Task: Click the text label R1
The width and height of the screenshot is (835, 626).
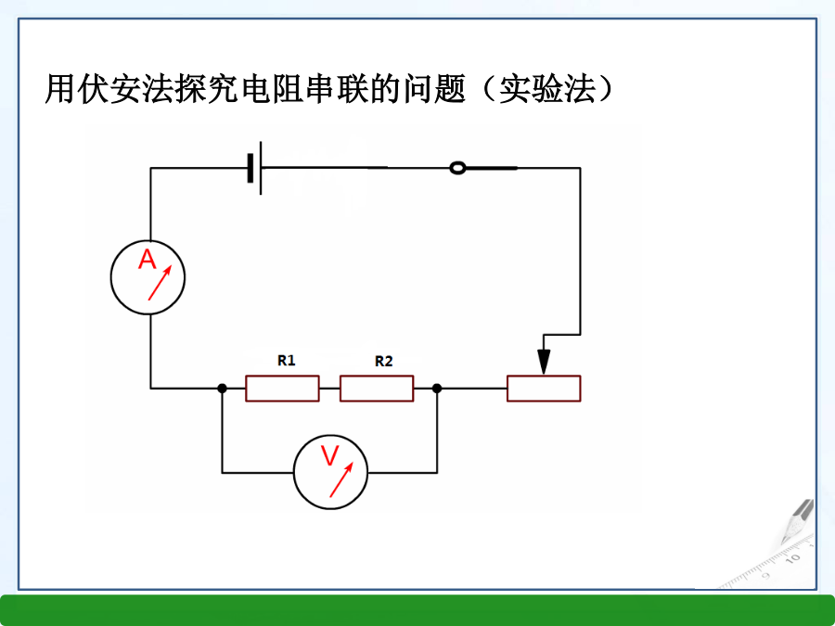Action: click(x=287, y=361)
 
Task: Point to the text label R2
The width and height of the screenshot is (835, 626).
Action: click(x=383, y=362)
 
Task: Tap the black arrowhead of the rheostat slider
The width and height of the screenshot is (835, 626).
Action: click(x=543, y=362)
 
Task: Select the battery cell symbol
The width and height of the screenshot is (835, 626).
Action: click(x=255, y=168)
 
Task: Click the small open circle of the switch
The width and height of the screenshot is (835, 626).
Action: click(x=457, y=168)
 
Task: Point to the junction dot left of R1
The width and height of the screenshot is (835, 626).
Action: click(x=223, y=389)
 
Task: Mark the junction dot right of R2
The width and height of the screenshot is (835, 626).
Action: click(x=437, y=389)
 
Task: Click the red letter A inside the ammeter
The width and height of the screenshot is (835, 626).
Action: click(x=147, y=260)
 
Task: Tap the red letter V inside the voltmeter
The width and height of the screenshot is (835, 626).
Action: click(x=330, y=455)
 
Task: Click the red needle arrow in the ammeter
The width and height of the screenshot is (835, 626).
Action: click(x=160, y=283)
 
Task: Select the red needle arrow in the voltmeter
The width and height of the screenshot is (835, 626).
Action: click(x=341, y=479)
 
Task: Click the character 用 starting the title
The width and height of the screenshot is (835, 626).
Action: click(x=59, y=88)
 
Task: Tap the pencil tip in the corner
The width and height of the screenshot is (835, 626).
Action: click(x=784, y=541)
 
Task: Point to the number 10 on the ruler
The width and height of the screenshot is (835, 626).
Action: click(x=793, y=558)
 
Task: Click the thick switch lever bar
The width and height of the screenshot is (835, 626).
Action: click(x=491, y=168)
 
